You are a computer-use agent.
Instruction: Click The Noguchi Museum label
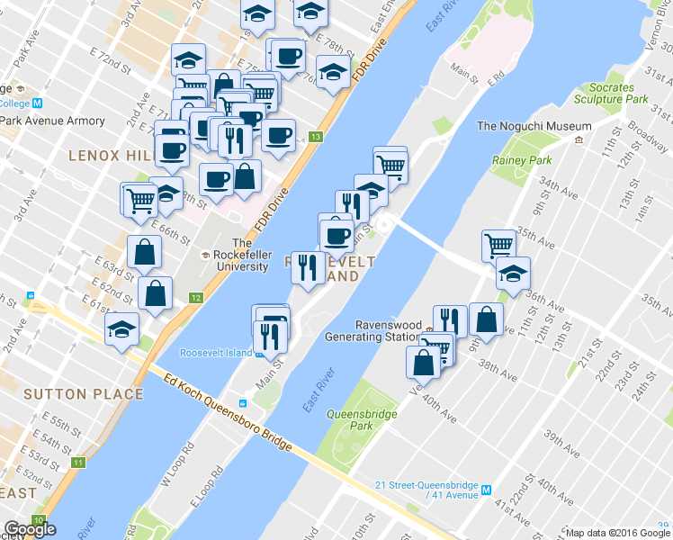coord(525,127)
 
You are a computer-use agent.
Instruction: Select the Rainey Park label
coord(521,160)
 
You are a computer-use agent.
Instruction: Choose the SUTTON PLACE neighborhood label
coord(83,393)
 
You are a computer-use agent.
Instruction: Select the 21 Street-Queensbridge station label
coord(427,490)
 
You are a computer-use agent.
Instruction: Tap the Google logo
coord(30,529)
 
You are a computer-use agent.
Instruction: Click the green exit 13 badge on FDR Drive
coord(315,137)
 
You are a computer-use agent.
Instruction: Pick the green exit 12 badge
coord(195,298)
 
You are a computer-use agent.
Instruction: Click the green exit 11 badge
coord(78,463)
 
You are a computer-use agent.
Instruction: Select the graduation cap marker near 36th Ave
coord(513,274)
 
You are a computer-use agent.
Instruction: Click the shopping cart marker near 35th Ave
coord(498,244)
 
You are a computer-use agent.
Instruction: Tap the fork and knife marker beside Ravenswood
coord(450,320)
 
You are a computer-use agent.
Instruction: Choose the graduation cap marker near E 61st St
coord(122,328)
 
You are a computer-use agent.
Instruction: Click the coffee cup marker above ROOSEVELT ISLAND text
coord(337,235)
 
